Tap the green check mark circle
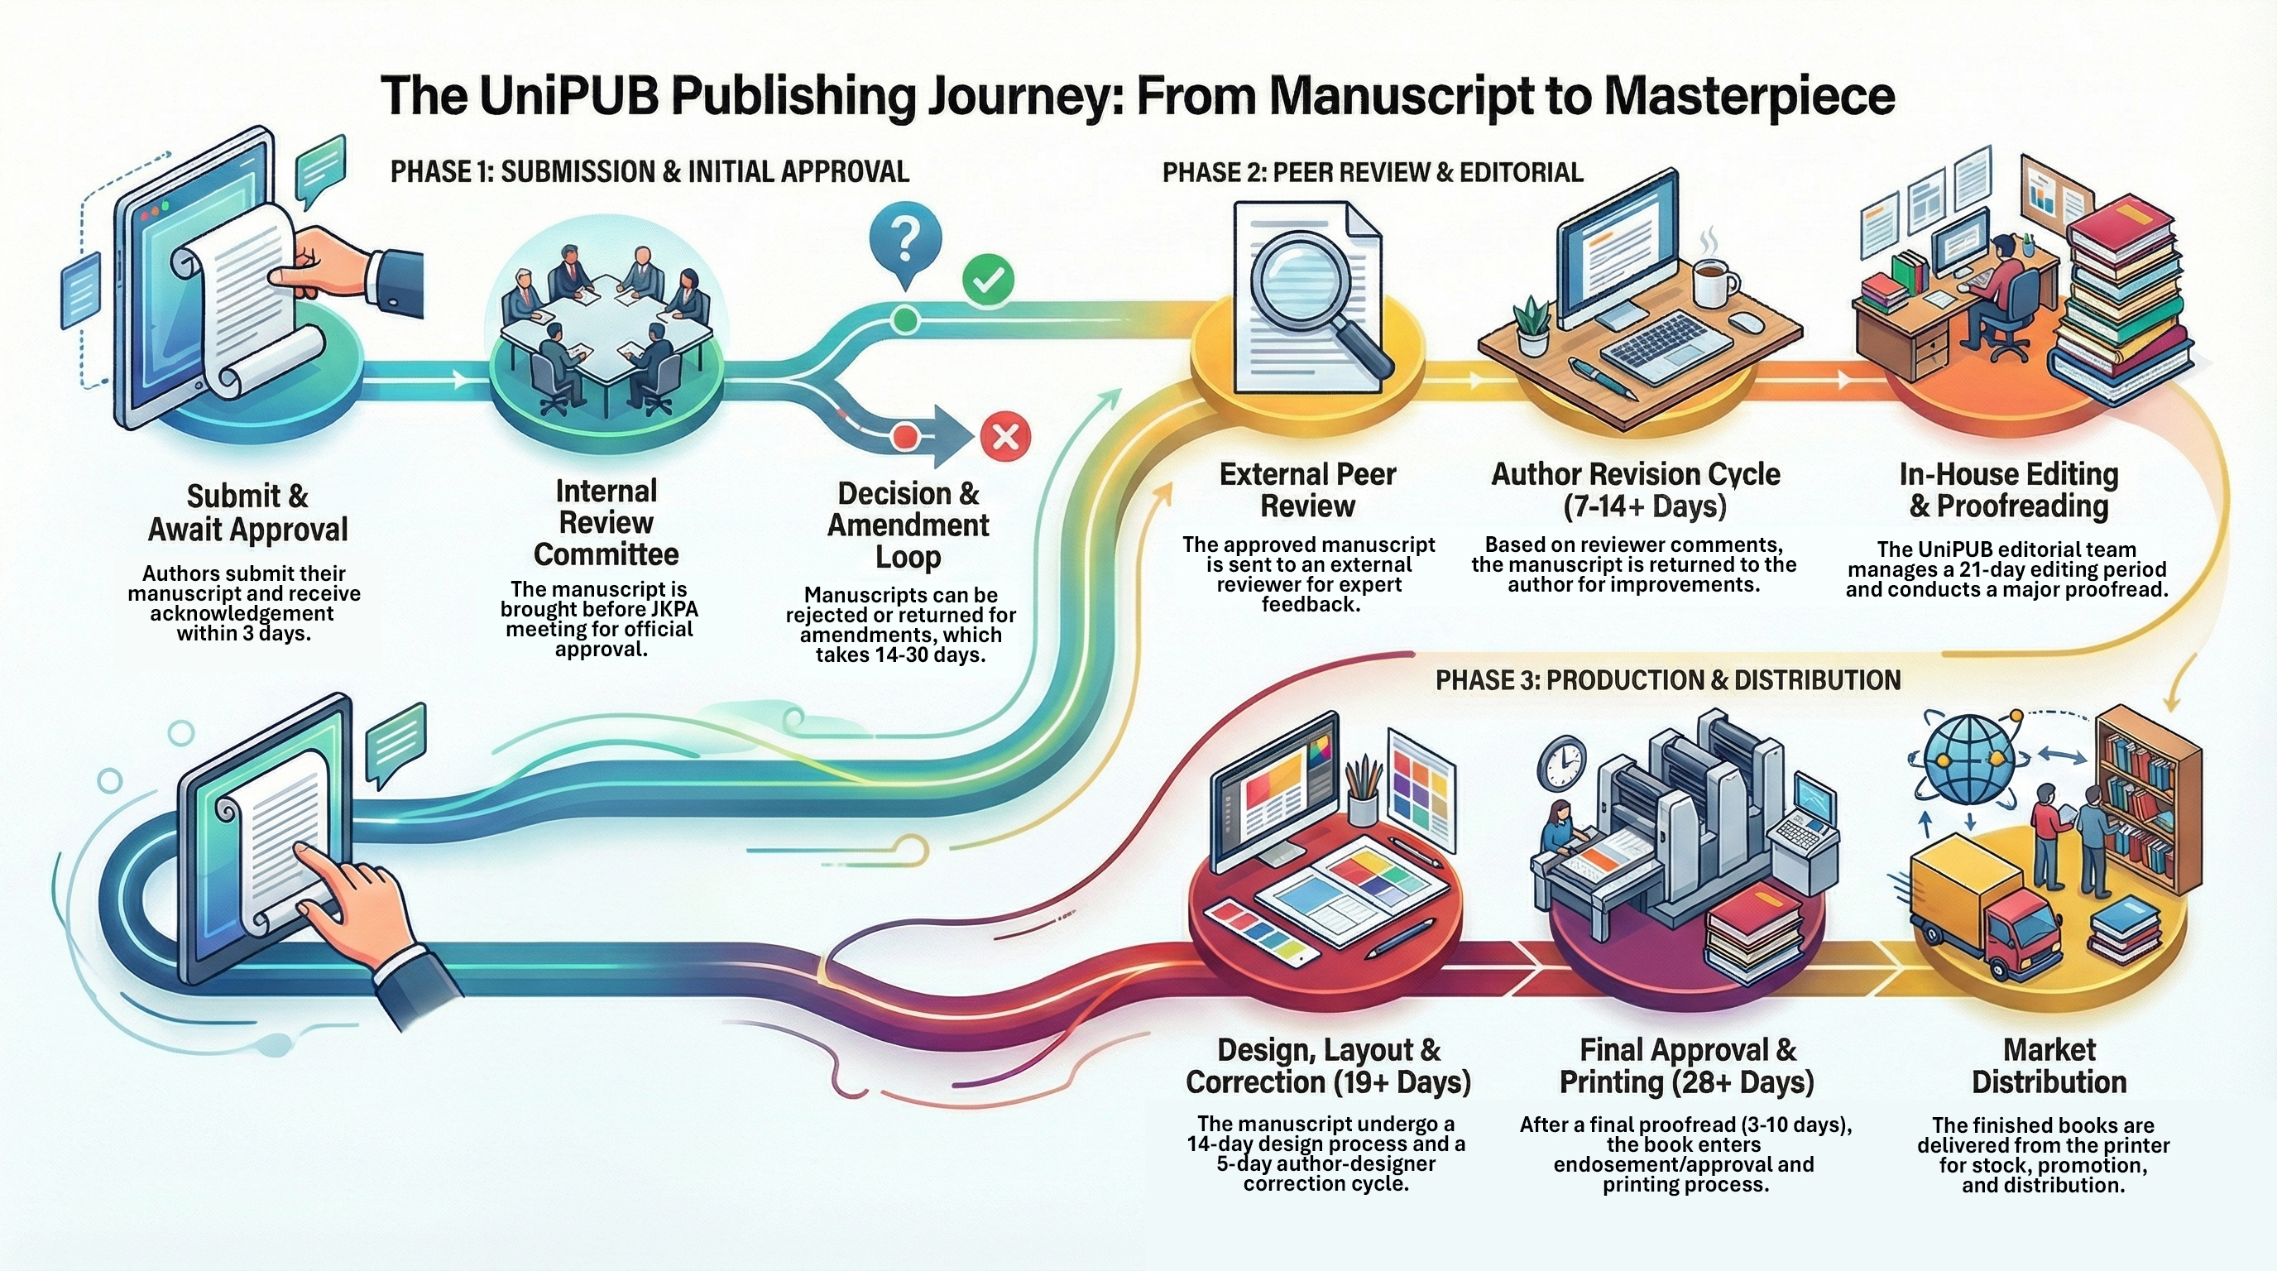[988, 281]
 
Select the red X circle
[1006, 437]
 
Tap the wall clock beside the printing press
[1562, 763]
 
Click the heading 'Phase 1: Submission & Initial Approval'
[650, 171]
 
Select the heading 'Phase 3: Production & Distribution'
[1668, 679]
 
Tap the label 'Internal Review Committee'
[606, 522]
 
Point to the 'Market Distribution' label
[2048, 1066]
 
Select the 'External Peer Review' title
[1307, 490]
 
